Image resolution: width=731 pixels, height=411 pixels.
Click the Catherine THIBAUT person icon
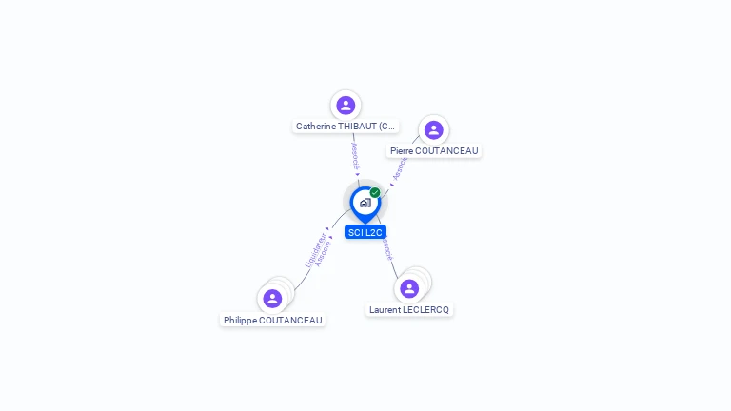click(346, 105)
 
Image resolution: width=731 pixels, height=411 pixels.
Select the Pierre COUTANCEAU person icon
click(433, 129)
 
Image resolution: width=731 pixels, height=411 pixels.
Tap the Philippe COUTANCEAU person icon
click(272, 299)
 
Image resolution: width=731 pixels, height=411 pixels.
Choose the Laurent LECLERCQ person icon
click(409, 288)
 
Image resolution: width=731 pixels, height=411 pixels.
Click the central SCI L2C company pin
click(365, 203)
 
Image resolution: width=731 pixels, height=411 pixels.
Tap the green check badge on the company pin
click(375, 192)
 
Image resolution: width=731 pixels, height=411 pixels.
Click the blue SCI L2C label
click(365, 232)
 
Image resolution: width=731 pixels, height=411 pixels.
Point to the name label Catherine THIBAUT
click(345, 126)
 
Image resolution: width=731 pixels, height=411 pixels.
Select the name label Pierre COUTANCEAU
click(434, 150)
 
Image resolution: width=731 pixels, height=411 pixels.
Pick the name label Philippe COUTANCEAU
click(273, 320)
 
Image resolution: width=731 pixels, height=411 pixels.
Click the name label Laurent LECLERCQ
click(409, 309)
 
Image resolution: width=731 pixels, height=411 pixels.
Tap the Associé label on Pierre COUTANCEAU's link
click(400, 168)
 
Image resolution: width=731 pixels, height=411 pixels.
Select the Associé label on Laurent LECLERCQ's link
click(386, 248)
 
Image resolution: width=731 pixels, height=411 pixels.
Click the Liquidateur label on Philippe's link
click(313, 250)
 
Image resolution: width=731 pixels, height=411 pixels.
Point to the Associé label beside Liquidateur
click(324, 254)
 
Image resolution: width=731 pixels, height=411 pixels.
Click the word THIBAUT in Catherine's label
click(355, 126)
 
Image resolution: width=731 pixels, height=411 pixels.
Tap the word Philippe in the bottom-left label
click(240, 320)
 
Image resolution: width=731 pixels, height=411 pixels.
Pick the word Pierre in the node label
click(404, 150)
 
